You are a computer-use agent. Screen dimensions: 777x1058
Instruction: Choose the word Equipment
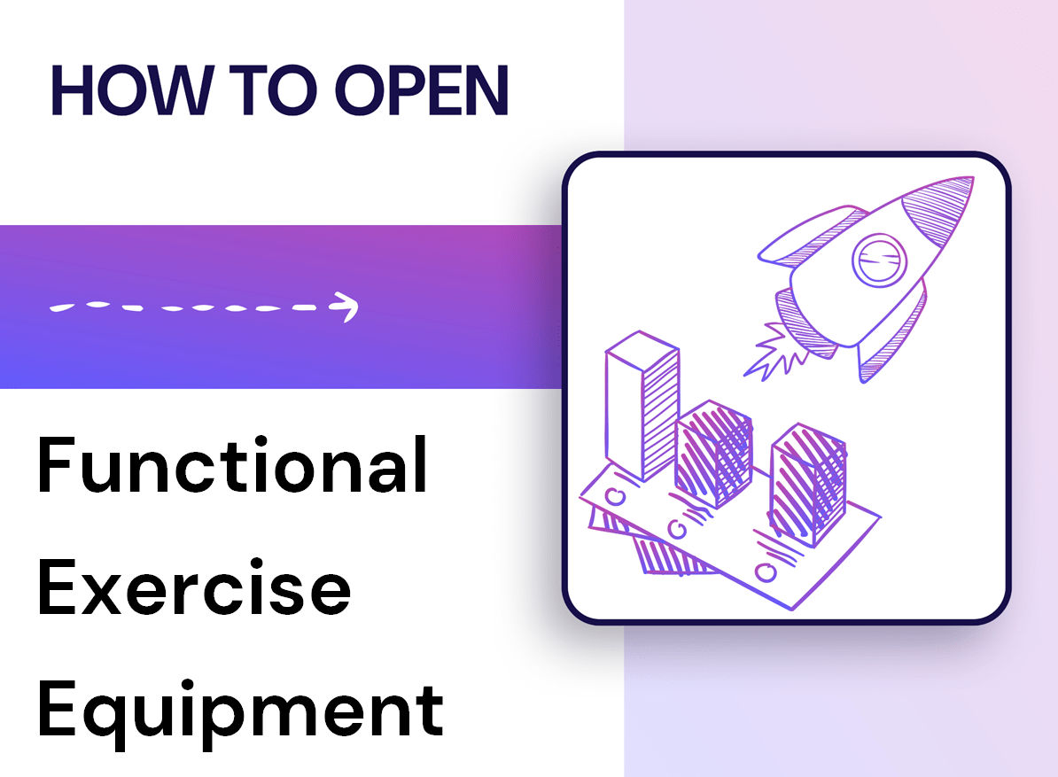point(239,708)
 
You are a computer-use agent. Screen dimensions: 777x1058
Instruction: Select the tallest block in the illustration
point(641,403)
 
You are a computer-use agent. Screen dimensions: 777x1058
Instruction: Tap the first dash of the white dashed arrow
point(64,307)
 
